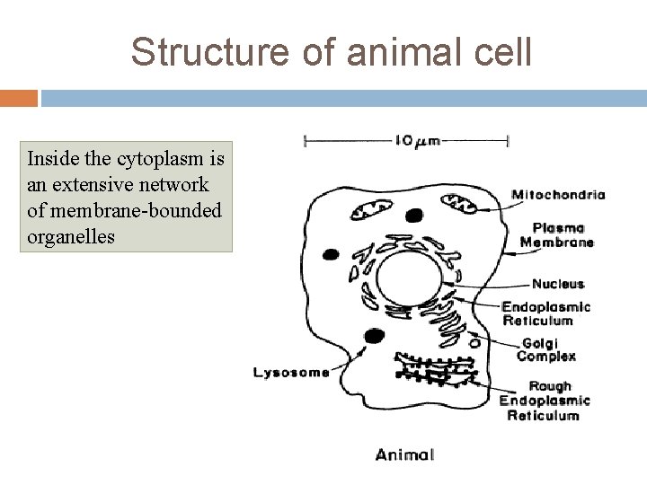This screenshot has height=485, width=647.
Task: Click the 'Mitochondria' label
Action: pos(557,194)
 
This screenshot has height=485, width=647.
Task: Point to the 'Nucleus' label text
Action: pos(557,284)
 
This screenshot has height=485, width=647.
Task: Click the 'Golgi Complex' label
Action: pos(545,349)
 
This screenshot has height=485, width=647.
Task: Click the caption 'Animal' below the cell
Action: pos(404,454)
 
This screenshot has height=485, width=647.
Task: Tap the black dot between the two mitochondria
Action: pos(414,216)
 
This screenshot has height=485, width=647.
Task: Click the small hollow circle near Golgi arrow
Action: pos(474,342)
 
